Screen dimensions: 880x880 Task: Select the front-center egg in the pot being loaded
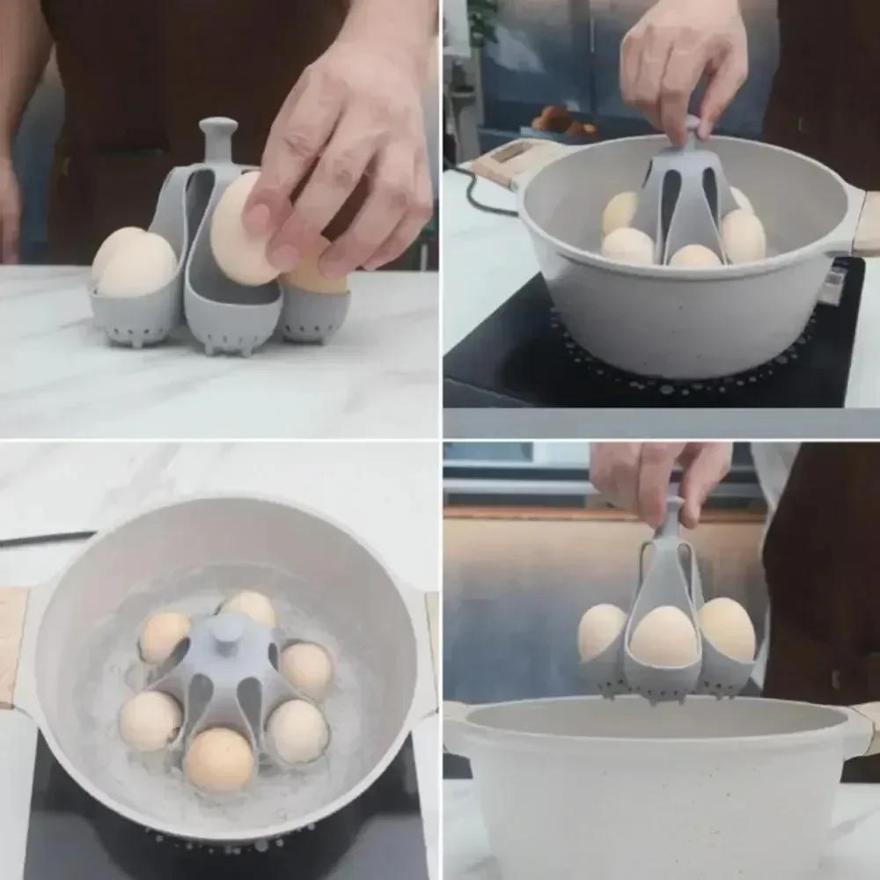(695, 256)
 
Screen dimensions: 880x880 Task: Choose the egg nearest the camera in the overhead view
(219, 758)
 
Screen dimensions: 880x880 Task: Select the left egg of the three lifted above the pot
(602, 631)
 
